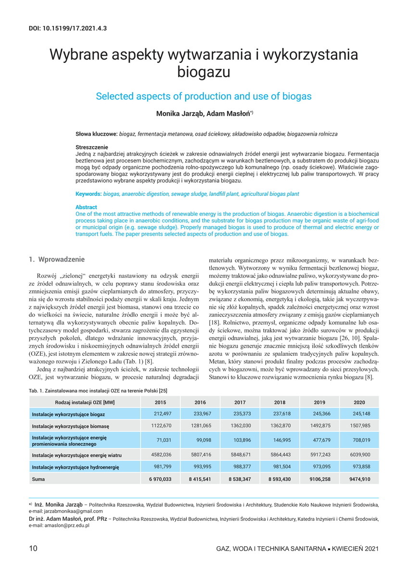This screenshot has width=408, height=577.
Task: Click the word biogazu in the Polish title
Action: click(204, 72)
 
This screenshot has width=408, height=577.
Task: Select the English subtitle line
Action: click(204, 96)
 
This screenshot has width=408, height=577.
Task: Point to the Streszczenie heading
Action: click(92, 147)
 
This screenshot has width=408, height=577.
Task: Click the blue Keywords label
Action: click(89, 194)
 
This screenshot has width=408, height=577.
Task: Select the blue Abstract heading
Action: click(86, 207)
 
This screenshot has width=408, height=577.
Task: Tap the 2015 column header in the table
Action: click(161, 402)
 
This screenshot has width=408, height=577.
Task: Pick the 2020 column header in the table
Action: click(359, 402)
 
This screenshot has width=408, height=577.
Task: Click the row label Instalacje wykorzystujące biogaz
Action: click(68, 414)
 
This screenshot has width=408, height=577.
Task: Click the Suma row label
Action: click(38, 479)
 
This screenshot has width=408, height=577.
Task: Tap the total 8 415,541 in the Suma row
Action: click(201, 479)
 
